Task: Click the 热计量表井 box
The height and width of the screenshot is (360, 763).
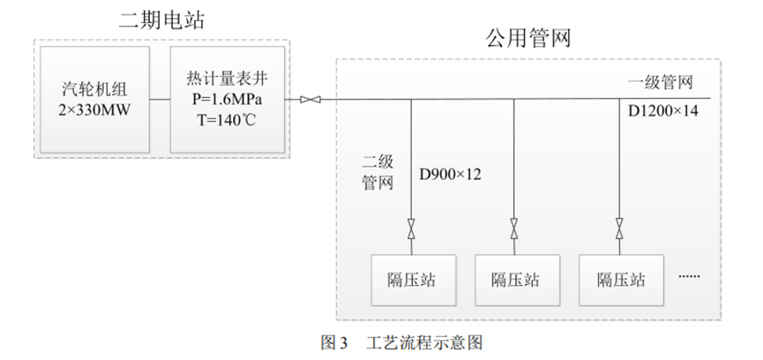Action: pyautogui.click(x=227, y=100)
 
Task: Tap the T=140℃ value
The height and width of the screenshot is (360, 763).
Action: pyautogui.click(x=227, y=120)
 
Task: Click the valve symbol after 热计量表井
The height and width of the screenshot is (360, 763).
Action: pyautogui.click(x=310, y=100)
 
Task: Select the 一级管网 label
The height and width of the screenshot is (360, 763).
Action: pyautogui.click(x=661, y=83)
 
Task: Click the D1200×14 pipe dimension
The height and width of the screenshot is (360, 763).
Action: pyautogui.click(x=662, y=112)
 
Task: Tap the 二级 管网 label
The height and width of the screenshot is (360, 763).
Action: pyautogui.click(x=378, y=173)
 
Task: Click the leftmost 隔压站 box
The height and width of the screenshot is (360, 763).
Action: pyautogui.click(x=411, y=281)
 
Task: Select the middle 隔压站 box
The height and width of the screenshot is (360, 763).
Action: pyautogui.click(x=515, y=281)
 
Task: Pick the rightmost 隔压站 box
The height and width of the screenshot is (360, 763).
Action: pyautogui.click(x=620, y=281)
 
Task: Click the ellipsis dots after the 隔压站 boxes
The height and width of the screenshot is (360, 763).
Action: pyautogui.click(x=689, y=277)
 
